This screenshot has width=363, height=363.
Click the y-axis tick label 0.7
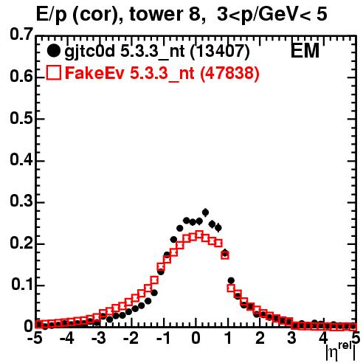[x=21, y=35]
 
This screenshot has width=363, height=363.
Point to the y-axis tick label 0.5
[x=21, y=118]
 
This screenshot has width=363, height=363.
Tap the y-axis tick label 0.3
[x=21, y=201]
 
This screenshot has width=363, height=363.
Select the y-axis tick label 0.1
[x=21, y=285]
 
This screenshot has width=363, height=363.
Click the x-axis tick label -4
[x=66, y=339]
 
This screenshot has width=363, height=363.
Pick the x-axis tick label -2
[x=131, y=339]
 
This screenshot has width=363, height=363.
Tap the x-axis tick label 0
[x=196, y=339]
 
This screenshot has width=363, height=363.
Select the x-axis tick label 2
[x=260, y=339]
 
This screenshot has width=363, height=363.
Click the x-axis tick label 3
[x=292, y=339]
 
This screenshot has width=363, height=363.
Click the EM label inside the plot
[x=305, y=51]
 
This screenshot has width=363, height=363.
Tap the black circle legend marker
[x=53, y=51]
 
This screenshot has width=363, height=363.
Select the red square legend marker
[x=53, y=72]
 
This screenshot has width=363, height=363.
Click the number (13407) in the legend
[x=220, y=52]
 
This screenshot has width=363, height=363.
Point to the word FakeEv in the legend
[x=95, y=73]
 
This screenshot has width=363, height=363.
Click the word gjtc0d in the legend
[x=89, y=52]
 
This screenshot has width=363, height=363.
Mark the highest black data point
[x=206, y=212]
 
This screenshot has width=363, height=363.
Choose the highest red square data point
[x=199, y=235]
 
